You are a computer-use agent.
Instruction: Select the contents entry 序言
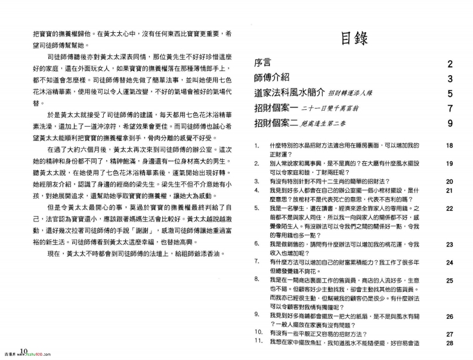click(263, 63)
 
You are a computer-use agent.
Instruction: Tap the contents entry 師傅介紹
click(272, 78)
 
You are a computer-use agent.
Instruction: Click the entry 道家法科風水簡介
click(289, 93)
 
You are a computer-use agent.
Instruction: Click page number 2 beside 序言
click(450, 63)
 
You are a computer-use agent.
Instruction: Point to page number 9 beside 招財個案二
click(450, 124)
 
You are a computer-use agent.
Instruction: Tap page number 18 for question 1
click(450, 146)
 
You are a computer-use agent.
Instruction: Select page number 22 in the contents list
click(450, 208)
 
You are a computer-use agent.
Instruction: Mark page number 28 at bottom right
click(450, 343)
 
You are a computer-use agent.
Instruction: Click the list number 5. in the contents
click(256, 208)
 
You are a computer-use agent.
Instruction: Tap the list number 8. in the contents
click(256, 279)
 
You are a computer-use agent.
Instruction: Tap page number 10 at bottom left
click(24, 351)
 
